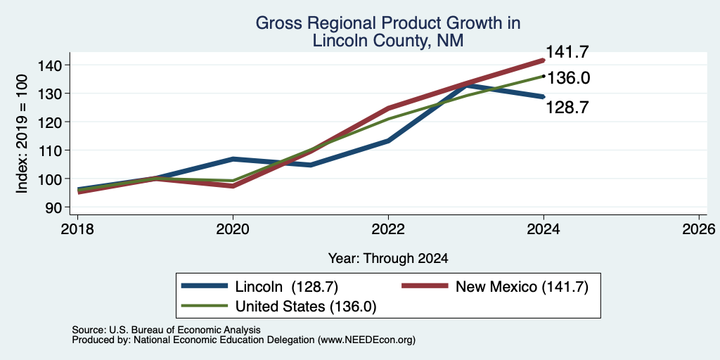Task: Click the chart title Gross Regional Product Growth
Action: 387,23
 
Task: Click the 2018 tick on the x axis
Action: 77,229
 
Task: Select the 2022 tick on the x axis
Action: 388,229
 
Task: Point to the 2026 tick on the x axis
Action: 699,229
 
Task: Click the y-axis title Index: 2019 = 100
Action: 22,134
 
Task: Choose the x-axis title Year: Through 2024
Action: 388,259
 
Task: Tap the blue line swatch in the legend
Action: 205,287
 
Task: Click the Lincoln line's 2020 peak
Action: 233,159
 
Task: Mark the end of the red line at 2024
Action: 544,60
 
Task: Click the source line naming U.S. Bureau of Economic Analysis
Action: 166,330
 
